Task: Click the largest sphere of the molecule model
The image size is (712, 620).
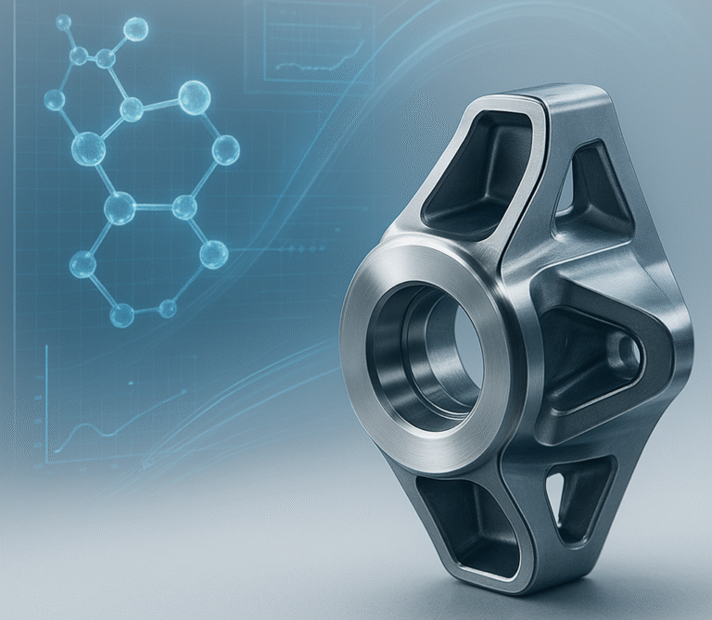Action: (x=194, y=97)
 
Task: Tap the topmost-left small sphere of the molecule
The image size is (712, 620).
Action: (x=63, y=21)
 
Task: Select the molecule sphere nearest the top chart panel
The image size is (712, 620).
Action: (x=135, y=29)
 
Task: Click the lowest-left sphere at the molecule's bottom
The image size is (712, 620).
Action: (x=121, y=316)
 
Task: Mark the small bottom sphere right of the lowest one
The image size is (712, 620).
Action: (x=168, y=308)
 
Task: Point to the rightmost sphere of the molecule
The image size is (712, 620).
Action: (x=225, y=149)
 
